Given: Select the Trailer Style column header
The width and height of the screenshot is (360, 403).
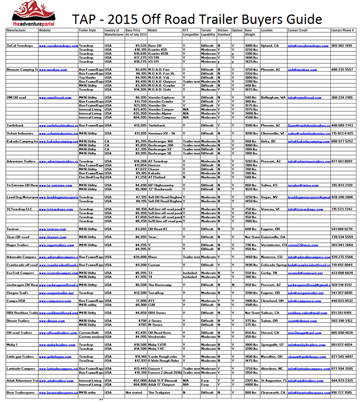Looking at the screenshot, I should pos(87,30).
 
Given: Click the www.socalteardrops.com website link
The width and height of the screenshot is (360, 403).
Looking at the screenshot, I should pos(58,46).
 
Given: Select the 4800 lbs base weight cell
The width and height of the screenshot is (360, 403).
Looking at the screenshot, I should pos(251,384).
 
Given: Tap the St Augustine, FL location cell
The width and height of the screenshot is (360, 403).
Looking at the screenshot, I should pos(274,380).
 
